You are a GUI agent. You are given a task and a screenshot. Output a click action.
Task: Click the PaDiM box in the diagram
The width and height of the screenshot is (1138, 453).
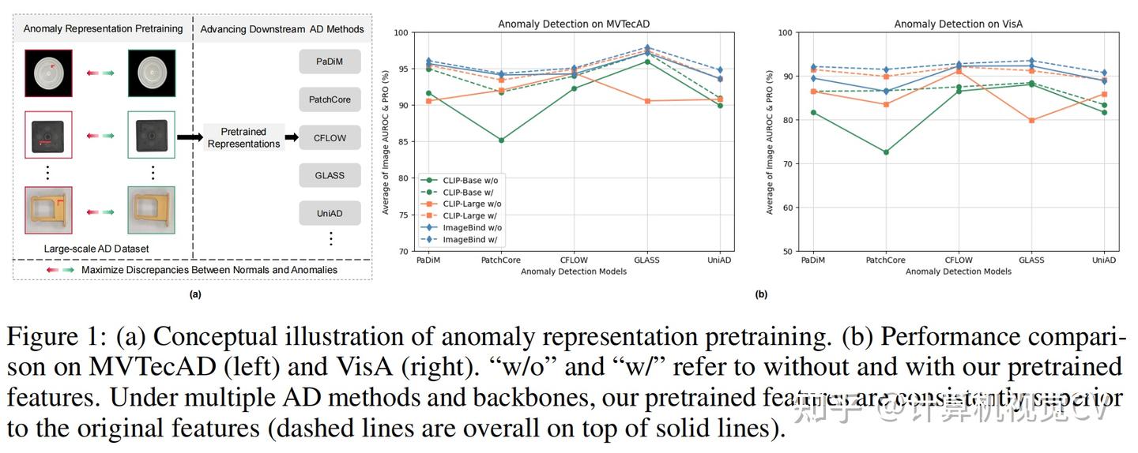coord(330,62)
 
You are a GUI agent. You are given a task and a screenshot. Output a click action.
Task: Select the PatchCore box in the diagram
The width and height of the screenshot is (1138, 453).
coord(330,99)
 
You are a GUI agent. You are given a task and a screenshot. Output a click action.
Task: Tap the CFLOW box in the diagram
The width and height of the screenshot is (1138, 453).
coord(330,137)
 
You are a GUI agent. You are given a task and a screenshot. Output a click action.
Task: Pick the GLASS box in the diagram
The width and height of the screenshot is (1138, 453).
coord(330,175)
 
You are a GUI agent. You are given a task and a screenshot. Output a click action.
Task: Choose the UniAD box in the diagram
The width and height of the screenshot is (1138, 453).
coord(330,213)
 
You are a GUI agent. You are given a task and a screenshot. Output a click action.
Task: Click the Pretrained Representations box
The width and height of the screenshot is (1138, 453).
coord(243,137)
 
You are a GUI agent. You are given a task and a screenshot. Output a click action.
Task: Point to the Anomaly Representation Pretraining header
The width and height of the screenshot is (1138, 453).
coord(103,28)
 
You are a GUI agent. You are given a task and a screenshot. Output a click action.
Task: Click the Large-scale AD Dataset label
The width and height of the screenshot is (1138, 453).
coord(96,249)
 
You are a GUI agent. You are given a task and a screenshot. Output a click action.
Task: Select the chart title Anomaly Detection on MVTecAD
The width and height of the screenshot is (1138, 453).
coord(563,24)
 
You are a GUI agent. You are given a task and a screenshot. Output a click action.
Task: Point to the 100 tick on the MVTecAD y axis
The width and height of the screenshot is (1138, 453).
coord(401,33)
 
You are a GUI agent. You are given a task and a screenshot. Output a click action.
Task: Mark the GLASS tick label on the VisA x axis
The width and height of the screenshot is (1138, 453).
coord(1031,260)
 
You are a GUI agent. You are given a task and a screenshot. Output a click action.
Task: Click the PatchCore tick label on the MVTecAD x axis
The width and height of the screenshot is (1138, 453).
coord(501,260)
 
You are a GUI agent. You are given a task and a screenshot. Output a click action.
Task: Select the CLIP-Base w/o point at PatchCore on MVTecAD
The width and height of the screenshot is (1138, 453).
coord(501,140)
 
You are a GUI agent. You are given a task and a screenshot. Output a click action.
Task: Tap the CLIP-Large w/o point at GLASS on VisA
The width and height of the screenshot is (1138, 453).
coord(1031,121)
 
